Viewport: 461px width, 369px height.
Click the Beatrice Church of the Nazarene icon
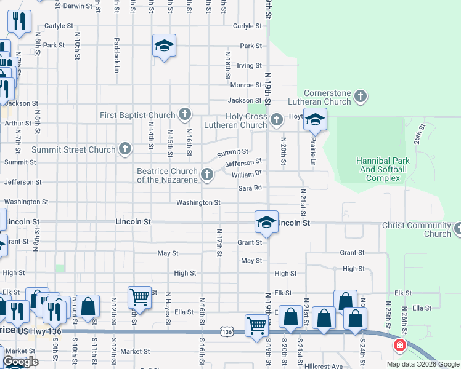(207, 175)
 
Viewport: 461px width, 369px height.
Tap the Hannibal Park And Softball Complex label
(382, 169)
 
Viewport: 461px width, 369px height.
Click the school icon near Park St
(165, 46)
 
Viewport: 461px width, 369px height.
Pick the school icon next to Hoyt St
(315, 119)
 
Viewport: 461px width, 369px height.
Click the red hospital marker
(400, 346)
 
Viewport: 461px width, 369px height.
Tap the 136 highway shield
(227, 332)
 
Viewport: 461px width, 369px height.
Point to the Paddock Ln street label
(116, 56)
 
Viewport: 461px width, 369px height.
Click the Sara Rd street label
(250, 188)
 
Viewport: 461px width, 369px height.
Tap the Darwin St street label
(77, 6)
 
